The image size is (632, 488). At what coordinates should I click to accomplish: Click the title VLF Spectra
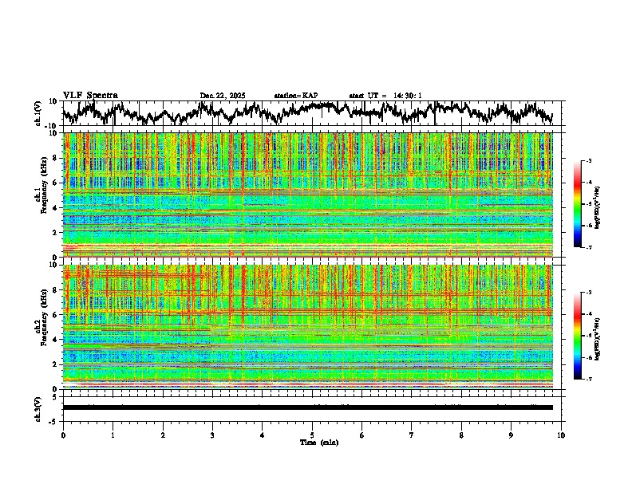[x=90, y=95]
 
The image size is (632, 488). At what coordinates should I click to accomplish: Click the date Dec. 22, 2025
[x=223, y=96]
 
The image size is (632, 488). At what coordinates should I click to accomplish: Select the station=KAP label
[x=296, y=96]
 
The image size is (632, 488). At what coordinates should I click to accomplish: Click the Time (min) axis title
[x=319, y=443]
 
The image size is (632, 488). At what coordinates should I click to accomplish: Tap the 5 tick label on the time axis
[x=312, y=435]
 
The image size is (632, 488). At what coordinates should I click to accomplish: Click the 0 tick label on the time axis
[x=63, y=435]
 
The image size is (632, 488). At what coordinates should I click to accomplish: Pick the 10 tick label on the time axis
[x=561, y=435]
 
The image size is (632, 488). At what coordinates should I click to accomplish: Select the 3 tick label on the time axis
[x=212, y=435]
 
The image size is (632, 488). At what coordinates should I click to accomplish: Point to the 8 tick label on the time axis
[x=461, y=435]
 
